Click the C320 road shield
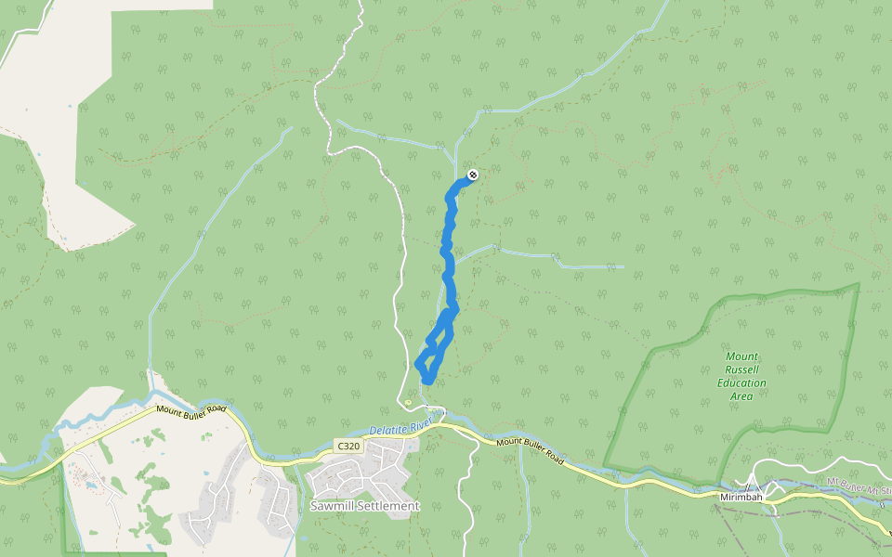[348, 447]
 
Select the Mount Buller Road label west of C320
[191, 409]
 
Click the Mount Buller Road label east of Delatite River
[530, 449]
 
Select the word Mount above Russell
[741, 356]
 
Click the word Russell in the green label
[741, 369]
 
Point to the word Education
[741, 382]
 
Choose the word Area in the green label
[741, 395]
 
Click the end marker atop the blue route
[473, 175]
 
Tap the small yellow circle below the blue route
[409, 402]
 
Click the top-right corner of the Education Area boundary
[858, 284]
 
